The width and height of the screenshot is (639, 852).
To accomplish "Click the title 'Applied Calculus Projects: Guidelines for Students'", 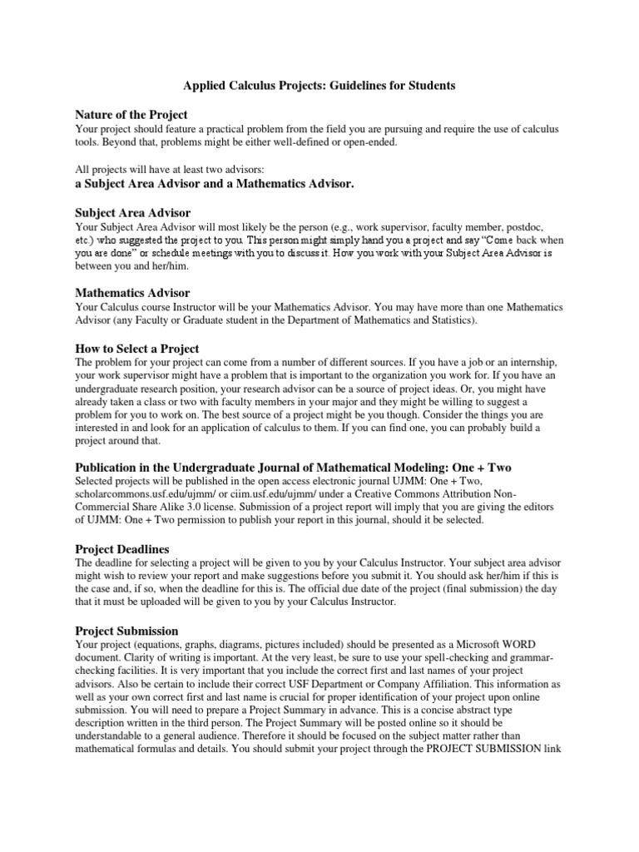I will (319, 85).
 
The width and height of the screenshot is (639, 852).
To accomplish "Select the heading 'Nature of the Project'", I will (131, 115).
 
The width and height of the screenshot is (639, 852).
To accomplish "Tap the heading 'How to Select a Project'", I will (137, 349).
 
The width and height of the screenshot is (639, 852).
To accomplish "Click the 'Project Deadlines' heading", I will (122, 550).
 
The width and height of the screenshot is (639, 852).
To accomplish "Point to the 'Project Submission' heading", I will (126, 631).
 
